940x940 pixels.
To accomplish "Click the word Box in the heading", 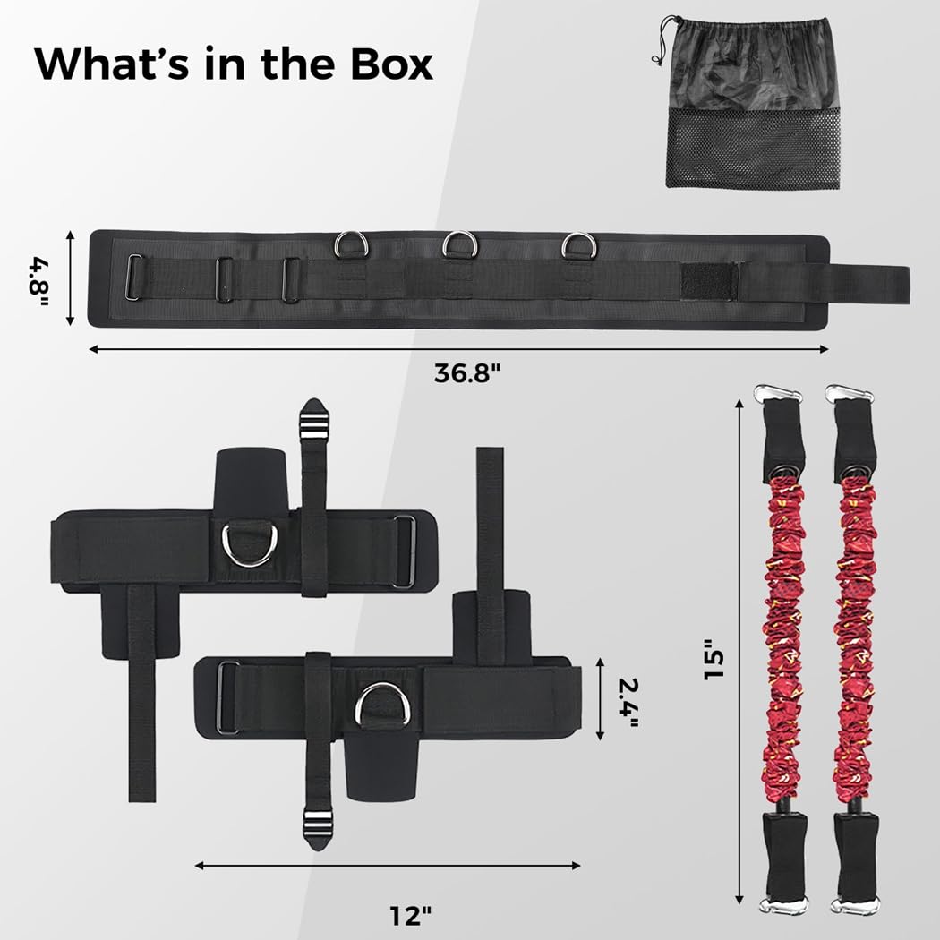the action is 391,64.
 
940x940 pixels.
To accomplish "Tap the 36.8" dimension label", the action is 466,373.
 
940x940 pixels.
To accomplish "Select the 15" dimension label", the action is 714,658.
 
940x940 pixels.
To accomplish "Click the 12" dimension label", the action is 411,916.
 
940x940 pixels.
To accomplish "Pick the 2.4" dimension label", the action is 628,703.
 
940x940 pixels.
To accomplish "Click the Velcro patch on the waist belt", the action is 708,281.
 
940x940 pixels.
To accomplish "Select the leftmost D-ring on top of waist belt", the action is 351,244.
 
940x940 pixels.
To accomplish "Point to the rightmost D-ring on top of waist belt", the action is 579,245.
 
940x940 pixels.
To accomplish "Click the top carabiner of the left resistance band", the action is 778,394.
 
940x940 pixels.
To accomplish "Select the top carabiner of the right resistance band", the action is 849,394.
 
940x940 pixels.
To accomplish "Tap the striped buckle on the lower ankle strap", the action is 317,828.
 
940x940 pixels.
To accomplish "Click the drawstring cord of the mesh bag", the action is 661,41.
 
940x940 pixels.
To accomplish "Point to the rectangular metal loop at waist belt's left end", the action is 134,277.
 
